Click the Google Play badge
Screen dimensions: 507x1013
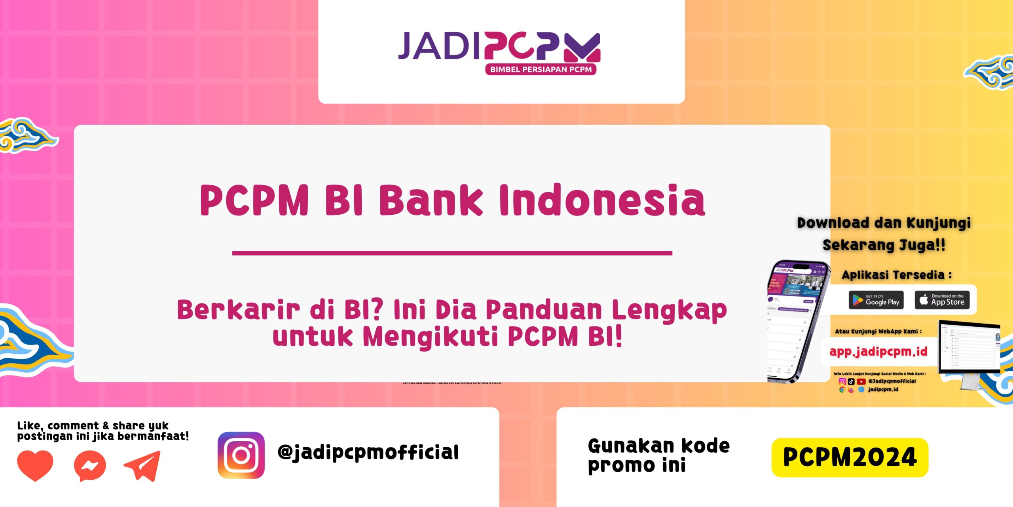click(x=876, y=300)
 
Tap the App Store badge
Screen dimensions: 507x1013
click(x=942, y=300)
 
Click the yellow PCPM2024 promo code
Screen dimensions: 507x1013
click(x=850, y=457)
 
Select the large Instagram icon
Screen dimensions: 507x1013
click(x=241, y=455)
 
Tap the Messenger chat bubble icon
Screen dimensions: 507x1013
click(x=90, y=466)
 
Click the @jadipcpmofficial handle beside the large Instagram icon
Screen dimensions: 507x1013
click(x=368, y=452)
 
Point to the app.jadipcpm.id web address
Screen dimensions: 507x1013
click(x=878, y=352)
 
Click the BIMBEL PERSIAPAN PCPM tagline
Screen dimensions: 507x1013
click(x=541, y=70)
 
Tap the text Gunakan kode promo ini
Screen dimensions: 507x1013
click(x=658, y=456)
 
